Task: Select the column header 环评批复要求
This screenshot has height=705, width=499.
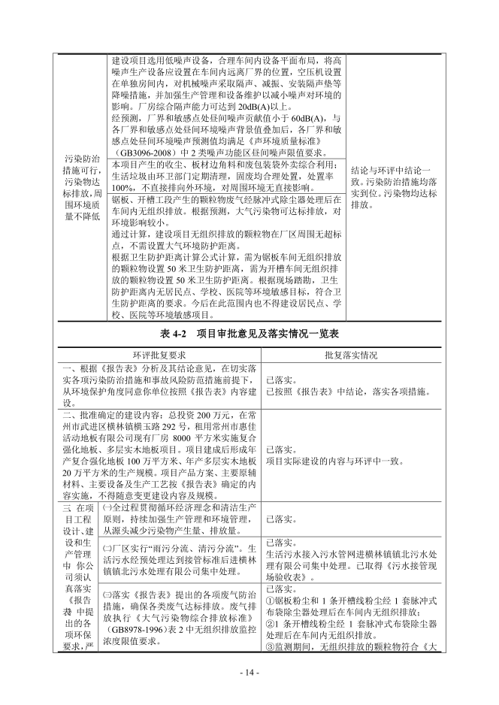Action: tap(159, 353)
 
